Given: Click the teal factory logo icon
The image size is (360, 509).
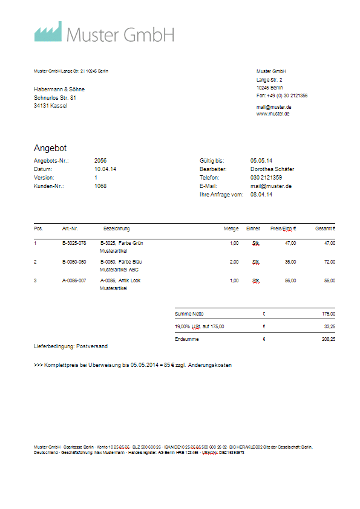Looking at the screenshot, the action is [x=48, y=32].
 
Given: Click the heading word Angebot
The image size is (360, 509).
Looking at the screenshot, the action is [x=50, y=148].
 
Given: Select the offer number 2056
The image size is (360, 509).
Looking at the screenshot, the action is [x=100, y=161].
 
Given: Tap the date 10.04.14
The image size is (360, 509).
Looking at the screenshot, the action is [x=105, y=169].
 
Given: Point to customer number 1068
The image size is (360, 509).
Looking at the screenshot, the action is [x=100, y=186].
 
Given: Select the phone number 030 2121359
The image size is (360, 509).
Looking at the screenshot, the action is [x=266, y=178].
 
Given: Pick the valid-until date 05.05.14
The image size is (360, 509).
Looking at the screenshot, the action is [x=261, y=161].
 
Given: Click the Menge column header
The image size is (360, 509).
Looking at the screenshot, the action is [x=231, y=229].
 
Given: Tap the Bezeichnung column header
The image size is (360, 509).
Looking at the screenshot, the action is [x=117, y=229].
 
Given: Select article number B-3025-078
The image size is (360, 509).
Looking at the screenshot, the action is [x=74, y=243].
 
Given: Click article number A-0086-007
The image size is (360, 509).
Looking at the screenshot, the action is [x=74, y=281].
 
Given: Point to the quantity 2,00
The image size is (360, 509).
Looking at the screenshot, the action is [x=234, y=262].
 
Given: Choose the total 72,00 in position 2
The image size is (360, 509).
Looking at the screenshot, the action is [x=329, y=262].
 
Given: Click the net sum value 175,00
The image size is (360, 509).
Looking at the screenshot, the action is [x=329, y=314].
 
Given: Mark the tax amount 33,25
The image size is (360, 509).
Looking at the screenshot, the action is [x=329, y=326].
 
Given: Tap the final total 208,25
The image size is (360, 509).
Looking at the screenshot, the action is [x=329, y=339].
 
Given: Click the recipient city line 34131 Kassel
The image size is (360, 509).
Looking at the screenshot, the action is [x=51, y=106].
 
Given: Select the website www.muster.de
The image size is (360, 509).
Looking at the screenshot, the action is [x=273, y=114].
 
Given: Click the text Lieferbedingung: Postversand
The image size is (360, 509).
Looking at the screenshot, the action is [x=71, y=346].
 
